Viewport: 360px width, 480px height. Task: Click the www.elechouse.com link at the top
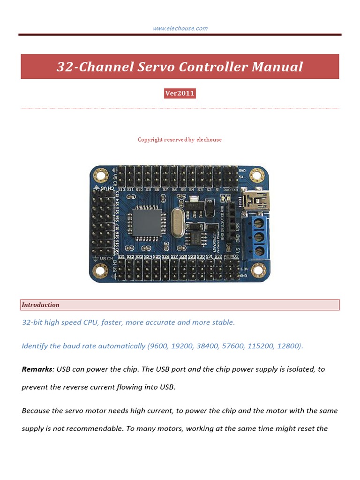coord(180,29)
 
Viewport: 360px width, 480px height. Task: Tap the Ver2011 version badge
coord(180,93)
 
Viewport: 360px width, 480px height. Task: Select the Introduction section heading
coord(41,305)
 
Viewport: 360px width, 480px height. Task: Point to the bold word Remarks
coord(37,369)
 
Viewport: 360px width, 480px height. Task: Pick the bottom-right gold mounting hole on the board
coord(257,270)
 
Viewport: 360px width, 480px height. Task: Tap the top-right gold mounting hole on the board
coord(256,176)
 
